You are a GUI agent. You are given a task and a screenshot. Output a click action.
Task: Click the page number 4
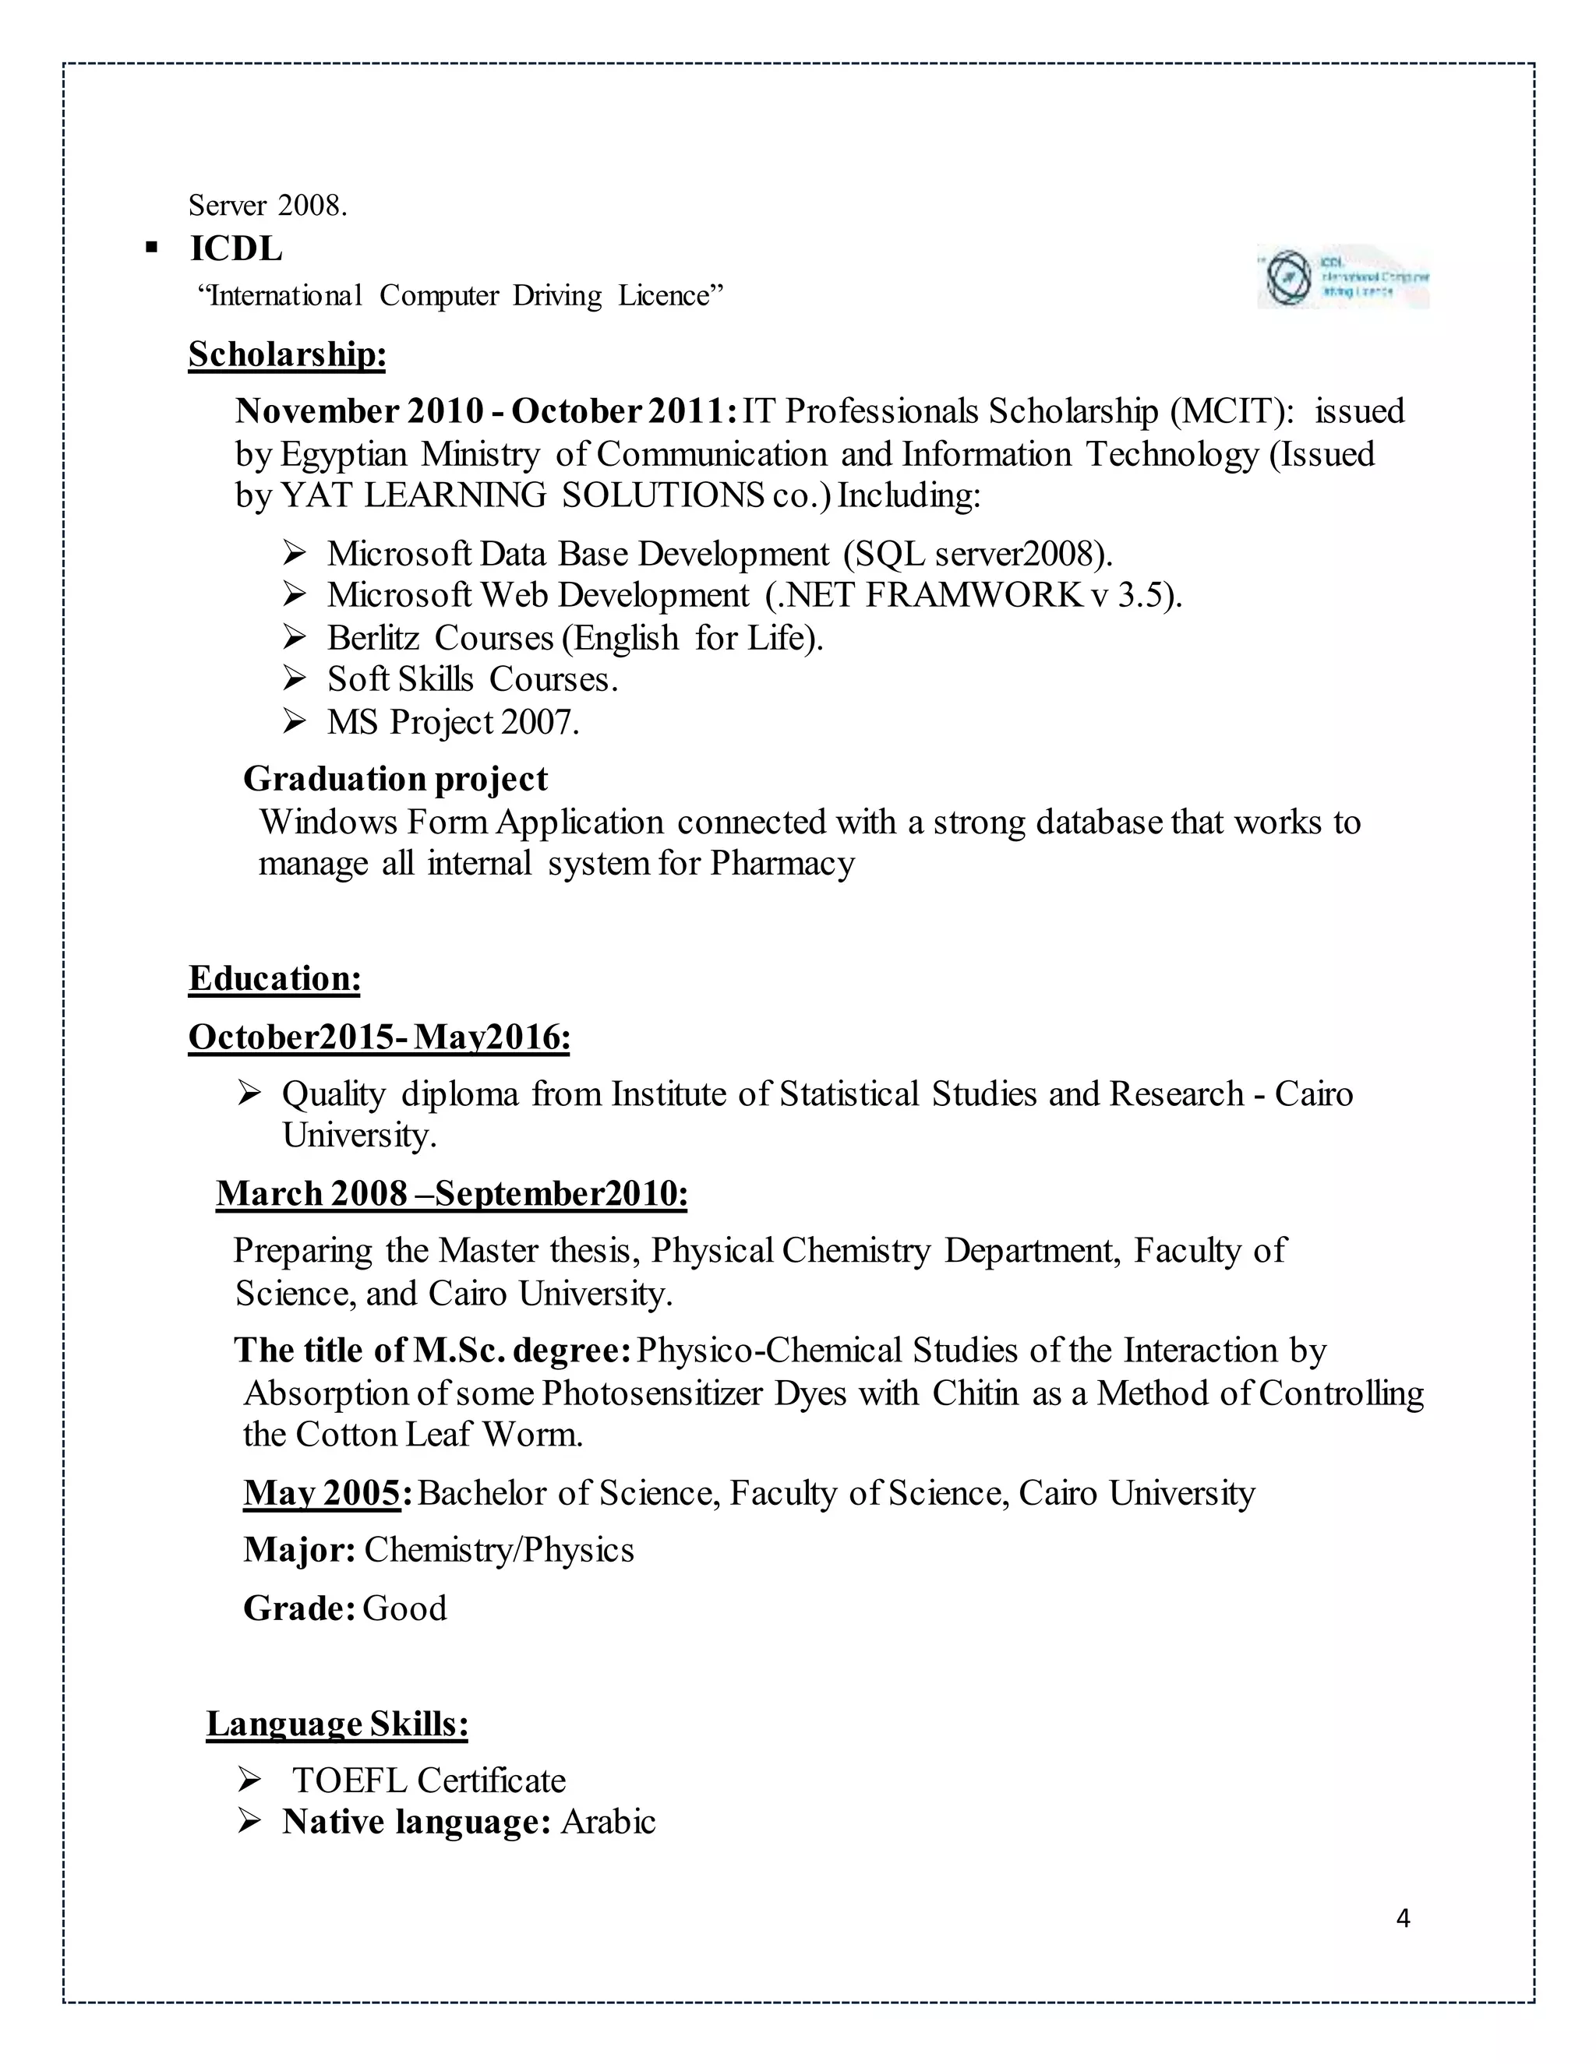pos(1403,1918)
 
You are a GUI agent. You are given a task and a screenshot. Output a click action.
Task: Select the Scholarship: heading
pos(287,354)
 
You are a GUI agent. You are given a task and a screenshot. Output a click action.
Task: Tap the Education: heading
pos(274,978)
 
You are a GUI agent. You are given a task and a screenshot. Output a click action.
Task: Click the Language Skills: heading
pos(337,1723)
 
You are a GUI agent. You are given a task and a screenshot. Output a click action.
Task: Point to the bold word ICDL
pos(236,248)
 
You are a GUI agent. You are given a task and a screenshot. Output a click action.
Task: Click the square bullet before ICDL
pos(150,248)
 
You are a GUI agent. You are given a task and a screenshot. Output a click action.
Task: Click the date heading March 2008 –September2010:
pos(451,1192)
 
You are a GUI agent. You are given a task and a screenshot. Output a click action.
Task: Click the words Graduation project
pos(395,779)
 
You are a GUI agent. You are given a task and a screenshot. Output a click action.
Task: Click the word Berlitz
pos(373,638)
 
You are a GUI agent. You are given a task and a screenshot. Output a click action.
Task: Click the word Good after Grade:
pos(404,1608)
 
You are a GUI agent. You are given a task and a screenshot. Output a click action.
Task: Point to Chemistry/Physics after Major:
pos(498,1550)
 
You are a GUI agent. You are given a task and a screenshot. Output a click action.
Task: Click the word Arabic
pos(608,1821)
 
